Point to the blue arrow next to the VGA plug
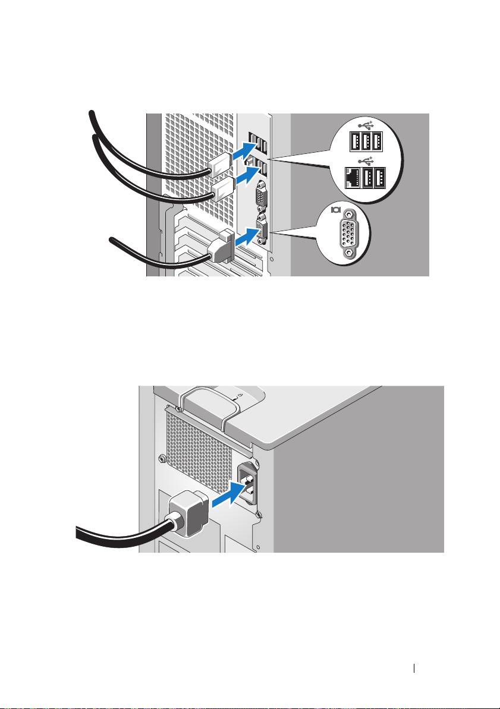pos(250,239)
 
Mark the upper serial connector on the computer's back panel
pos(260,197)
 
